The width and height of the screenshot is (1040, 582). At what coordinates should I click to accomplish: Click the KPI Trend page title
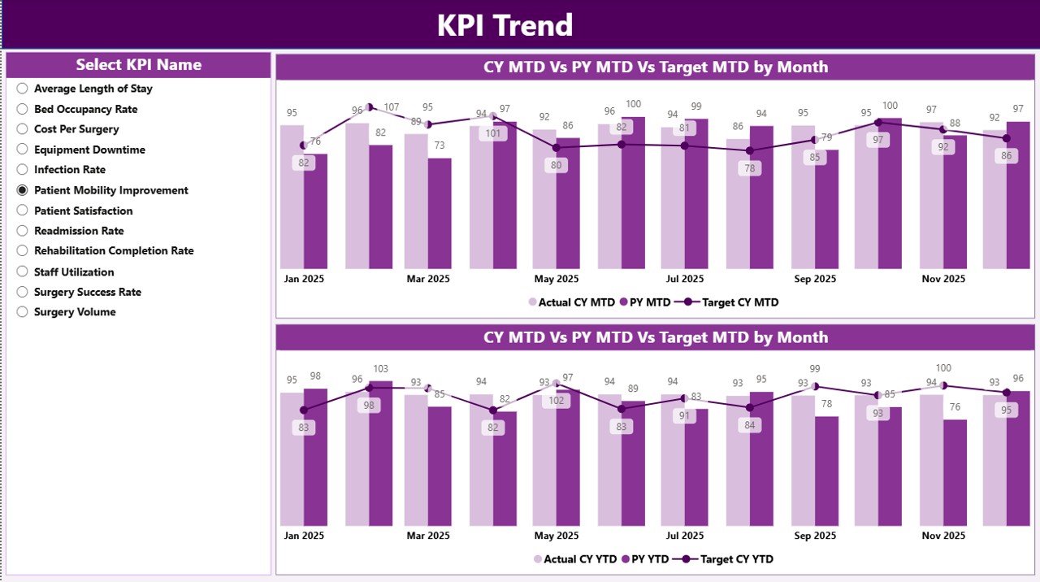point(505,25)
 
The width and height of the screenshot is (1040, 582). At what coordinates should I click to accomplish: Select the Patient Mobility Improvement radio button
point(23,190)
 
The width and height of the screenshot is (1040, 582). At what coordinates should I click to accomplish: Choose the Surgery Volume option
point(23,312)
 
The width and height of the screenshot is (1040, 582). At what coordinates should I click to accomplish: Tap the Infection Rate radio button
point(23,170)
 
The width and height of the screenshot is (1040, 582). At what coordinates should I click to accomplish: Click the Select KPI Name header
point(138,65)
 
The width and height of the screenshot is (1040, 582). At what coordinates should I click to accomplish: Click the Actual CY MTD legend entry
point(571,302)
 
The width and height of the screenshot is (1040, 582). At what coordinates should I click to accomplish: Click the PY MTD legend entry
point(645,302)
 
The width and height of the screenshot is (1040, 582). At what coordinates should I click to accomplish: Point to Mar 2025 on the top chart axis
point(428,279)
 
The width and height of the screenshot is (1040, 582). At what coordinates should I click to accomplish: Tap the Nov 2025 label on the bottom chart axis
point(943,536)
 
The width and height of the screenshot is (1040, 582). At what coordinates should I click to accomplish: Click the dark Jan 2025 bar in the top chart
point(316,211)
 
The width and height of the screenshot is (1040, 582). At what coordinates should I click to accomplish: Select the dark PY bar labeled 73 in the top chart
point(440,213)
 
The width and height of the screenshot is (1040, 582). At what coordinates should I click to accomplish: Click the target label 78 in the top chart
point(750,168)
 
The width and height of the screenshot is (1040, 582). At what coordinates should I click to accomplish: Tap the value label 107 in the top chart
point(392,107)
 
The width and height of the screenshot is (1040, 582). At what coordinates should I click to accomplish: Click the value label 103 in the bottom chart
point(381,369)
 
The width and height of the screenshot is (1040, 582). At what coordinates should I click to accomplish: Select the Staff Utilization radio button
point(23,271)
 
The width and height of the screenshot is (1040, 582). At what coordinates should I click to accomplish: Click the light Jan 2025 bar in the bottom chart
point(292,459)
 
